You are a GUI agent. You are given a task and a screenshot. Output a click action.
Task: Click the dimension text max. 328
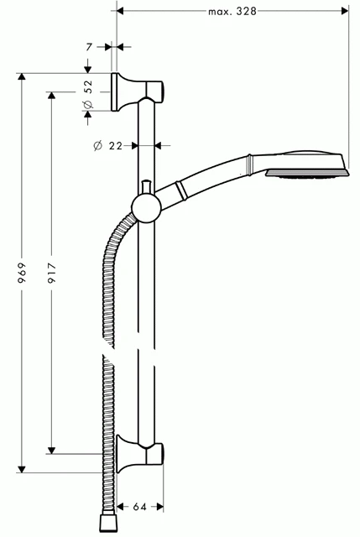pyautogui.click(x=232, y=11)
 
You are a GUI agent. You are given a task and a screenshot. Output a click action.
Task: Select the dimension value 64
pyautogui.click(x=139, y=507)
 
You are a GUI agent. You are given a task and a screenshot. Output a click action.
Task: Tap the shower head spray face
pyautogui.click(x=305, y=175)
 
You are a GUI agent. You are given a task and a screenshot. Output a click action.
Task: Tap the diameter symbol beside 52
pyautogui.click(x=87, y=104)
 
